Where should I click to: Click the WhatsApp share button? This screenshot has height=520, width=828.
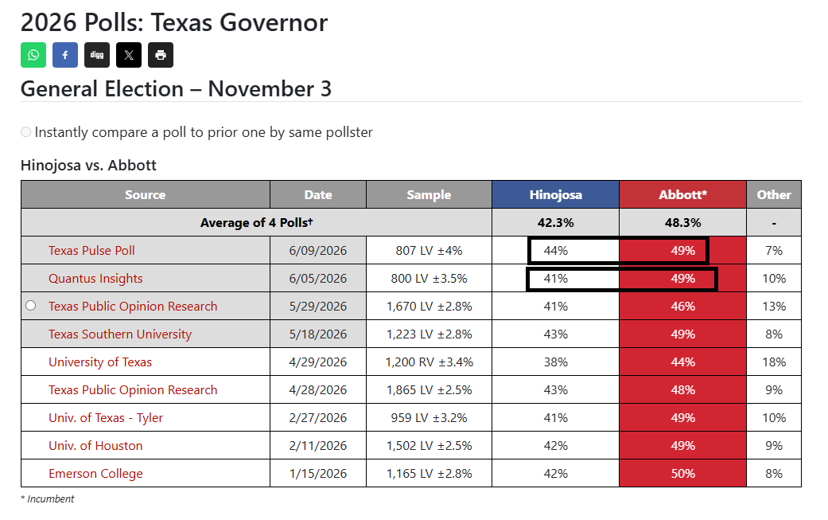pyautogui.click(x=33, y=55)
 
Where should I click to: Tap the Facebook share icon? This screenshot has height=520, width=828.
pyautogui.click(x=65, y=55)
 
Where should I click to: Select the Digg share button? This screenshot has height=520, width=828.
pyautogui.click(x=96, y=55)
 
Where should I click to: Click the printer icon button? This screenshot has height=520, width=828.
pyautogui.click(x=161, y=55)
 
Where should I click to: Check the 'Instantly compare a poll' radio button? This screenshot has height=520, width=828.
pyautogui.click(x=26, y=131)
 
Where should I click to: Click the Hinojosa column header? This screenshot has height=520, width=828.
pyautogui.click(x=555, y=194)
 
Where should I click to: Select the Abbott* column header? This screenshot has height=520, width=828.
pyautogui.click(x=682, y=194)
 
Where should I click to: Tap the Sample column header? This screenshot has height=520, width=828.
pyautogui.click(x=429, y=194)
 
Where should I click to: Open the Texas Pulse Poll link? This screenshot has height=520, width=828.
pyautogui.click(x=91, y=251)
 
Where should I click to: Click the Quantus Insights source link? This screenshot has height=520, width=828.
pyautogui.click(x=95, y=279)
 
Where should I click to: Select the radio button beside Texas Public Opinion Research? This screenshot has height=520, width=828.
pyautogui.click(x=31, y=306)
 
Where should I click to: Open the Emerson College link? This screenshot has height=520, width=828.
pyautogui.click(x=95, y=474)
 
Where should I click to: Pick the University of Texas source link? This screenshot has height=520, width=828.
pyautogui.click(x=100, y=362)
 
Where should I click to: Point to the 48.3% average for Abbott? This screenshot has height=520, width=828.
pyautogui.click(x=682, y=222)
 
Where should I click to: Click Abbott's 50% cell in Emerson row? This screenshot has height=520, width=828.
pyautogui.click(x=682, y=474)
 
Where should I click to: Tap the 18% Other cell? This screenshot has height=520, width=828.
pyautogui.click(x=774, y=362)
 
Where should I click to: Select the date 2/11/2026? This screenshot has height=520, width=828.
pyautogui.click(x=318, y=445)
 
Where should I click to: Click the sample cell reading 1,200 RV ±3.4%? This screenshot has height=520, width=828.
pyautogui.click(x=429, y=362)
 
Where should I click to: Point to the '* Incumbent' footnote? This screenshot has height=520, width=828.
pyautogui.click(x=48, y=498)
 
